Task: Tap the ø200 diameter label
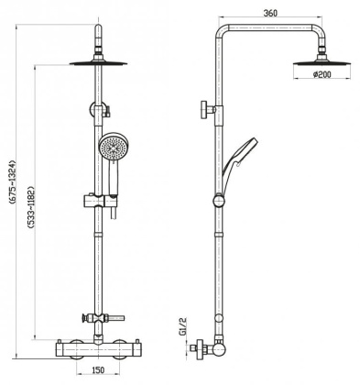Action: [x=322, y=76]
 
